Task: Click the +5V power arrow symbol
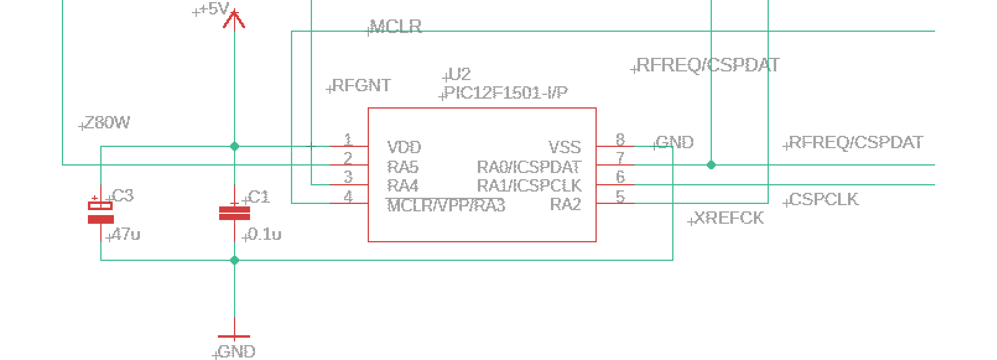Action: pos(234,19)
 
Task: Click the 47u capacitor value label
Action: pos(126,234)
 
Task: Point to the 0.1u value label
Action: pos(265,234)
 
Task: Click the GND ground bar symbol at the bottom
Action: pos(234,336)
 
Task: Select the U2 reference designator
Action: pos(459,75)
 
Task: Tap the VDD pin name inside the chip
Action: pos(404,147)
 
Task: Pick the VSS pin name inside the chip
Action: pos(565,147)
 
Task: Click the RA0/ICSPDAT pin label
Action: pos(529,167)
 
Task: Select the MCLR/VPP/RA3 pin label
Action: pos(446,205)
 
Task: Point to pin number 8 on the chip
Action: pos(620,140)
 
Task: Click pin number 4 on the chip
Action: pos(348,197)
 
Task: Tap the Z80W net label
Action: pos(107,123)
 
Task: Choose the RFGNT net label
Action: pos(361,85)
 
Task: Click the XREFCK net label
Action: pos(729,218)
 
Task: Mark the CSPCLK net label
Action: pos(824,199)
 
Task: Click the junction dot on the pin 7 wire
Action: pos(711,165)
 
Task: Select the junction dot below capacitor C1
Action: pos(234,260)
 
